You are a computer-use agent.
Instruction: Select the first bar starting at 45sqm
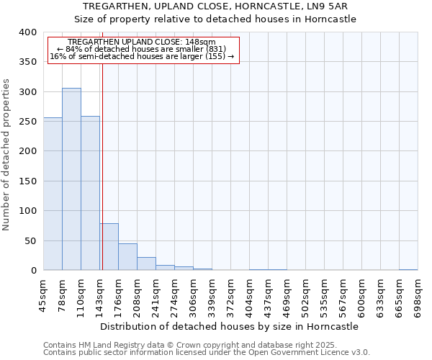click(53, 194)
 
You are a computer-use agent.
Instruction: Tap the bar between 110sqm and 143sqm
click(90, 193)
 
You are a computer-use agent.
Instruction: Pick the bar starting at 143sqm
click(109, 247)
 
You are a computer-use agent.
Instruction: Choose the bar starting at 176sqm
click(127, 257)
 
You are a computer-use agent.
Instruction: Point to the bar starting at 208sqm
click(146, 264)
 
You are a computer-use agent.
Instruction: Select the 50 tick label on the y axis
click(30, 240)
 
